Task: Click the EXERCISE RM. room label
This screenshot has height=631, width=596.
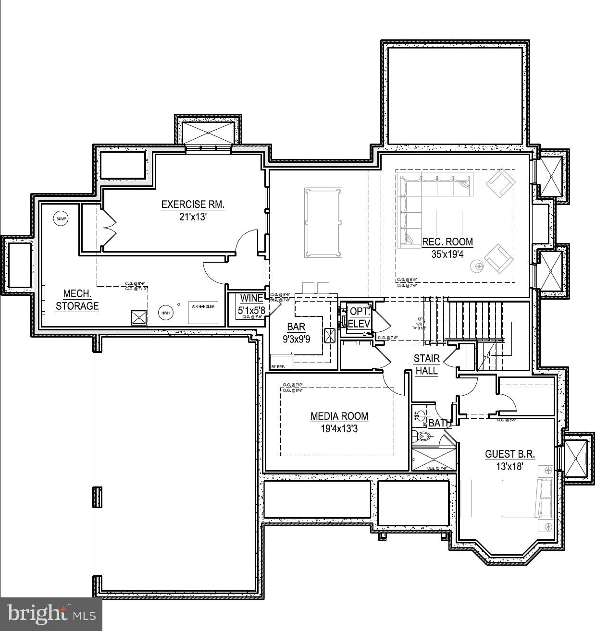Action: coord(193,205)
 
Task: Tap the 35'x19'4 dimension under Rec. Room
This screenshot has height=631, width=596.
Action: coord(447,255)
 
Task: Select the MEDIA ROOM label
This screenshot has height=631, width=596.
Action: coord(339,416)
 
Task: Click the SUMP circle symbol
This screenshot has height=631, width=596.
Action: coord(61,219)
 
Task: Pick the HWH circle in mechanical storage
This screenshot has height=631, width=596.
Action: coord(165,313)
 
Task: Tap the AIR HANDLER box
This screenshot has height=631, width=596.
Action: coord(203,313)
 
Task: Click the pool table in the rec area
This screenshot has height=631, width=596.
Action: coord(323,222)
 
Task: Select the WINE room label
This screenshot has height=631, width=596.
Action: coord(251,298)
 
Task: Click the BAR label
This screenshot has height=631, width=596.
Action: coord(296,328)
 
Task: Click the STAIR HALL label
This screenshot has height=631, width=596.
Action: coord(427,364)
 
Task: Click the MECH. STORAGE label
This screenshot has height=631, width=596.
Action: coord(77,300)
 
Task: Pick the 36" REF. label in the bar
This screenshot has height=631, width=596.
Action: coord(278,367)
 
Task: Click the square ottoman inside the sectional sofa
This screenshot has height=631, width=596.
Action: coord(449,224)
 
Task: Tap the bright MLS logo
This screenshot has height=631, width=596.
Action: coord(50,614)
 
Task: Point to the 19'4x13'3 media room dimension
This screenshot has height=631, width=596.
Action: coord(339,429)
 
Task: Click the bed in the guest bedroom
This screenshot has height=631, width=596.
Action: coord(526,498)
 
